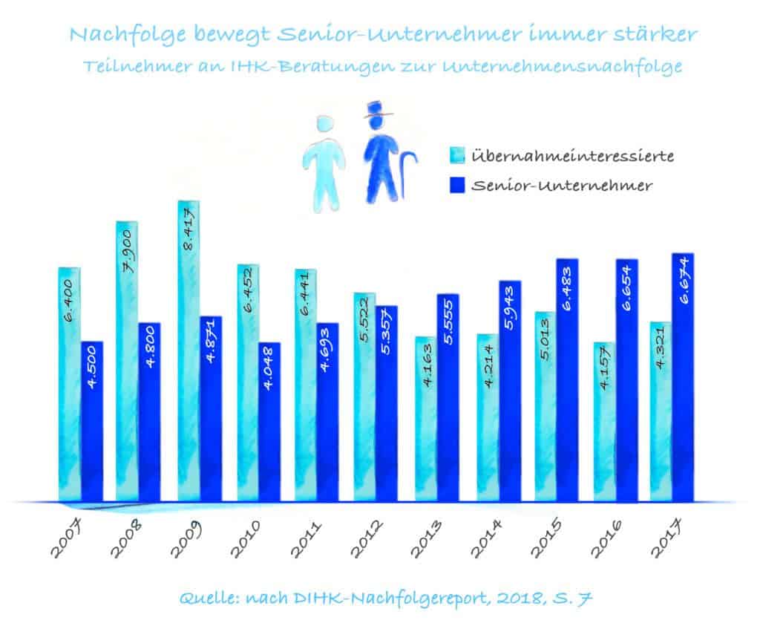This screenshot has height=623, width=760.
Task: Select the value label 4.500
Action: pos(92,370)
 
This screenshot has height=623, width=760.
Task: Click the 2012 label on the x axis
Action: pos(369,538)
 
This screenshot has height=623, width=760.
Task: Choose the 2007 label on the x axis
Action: pos(67,538)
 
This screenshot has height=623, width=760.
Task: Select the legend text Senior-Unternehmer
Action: pos(562,186)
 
